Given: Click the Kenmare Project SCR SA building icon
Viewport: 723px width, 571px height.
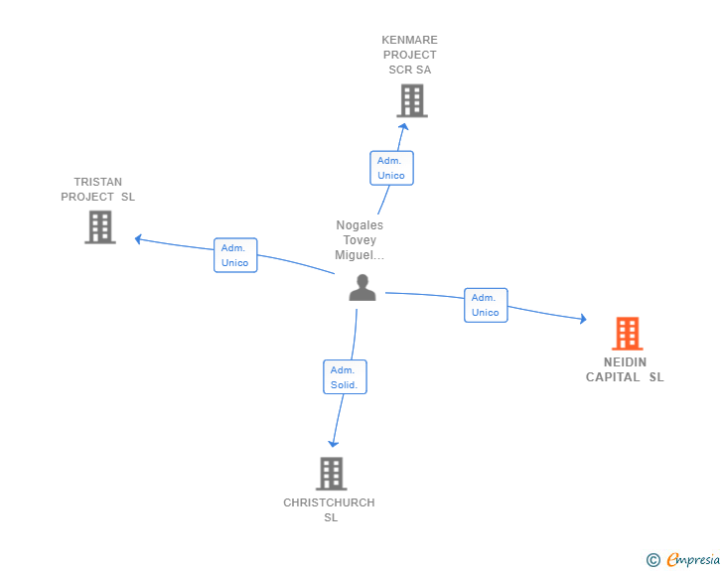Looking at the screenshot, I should [412, 100].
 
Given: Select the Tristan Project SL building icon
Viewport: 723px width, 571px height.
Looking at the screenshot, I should [100, 227].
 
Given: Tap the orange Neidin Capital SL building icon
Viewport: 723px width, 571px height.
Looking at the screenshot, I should [627, 334].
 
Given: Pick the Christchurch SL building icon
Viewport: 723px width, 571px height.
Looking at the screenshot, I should [332, 474].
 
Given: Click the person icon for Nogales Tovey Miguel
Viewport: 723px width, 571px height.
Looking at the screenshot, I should [362, 288].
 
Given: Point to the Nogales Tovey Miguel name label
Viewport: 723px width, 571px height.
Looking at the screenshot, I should [360, 240].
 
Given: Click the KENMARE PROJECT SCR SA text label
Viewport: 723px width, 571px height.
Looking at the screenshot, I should [409, 56].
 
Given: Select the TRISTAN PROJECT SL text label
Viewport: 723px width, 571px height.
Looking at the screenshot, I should [97, 189].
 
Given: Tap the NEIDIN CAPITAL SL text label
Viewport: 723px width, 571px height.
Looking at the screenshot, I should [625, 369].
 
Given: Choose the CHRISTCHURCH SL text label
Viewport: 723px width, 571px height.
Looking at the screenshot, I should [330, 509].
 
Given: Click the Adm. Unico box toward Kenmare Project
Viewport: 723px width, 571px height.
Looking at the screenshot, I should [391, 168].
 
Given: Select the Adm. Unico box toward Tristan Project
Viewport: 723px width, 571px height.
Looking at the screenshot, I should [235, 255].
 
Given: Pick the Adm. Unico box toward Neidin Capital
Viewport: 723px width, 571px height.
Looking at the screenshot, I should [486, 305].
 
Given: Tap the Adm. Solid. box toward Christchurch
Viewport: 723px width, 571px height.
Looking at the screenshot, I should [345, 376].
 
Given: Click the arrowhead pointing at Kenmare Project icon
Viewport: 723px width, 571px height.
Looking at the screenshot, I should [403, 125].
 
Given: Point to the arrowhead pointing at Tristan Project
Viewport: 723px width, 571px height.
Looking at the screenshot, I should [139, 238].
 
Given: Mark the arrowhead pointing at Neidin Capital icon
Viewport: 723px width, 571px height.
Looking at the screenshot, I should [582, 319].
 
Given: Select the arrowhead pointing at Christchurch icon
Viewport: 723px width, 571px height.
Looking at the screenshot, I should [334, 443].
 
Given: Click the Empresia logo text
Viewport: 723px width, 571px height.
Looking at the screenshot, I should [693, 560].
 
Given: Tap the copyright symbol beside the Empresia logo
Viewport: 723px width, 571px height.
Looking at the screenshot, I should [652, 561].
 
